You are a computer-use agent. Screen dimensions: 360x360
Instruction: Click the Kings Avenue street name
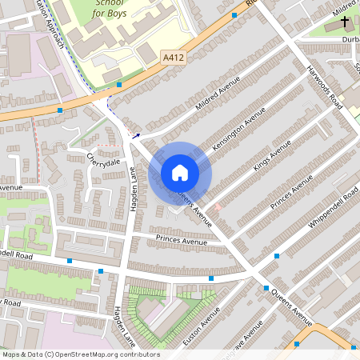click(x=272, y=156)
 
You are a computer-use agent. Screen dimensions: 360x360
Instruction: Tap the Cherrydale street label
click(x=103, y=161)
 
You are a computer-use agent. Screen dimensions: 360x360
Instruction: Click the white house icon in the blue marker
click(x=180, y=172)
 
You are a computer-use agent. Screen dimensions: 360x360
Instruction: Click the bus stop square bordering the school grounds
click(x=118, y=84)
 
